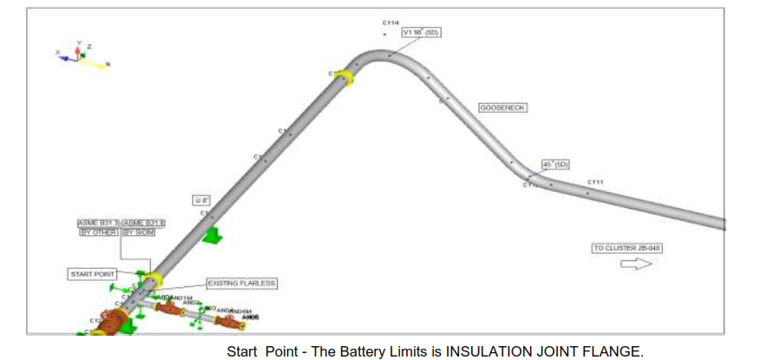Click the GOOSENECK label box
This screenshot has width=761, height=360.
tap(503, 108)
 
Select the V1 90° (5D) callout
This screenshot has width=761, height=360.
tap(422, 33)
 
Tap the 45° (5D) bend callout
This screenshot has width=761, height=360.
tap(554, 164)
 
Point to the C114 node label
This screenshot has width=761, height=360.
tap(390, 22)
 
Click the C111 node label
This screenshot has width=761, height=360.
tap(594, 181)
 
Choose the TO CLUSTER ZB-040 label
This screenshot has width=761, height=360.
tap(627, 248)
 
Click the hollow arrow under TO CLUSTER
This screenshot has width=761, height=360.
tap(635, 264)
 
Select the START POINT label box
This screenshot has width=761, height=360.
tap(93, 274)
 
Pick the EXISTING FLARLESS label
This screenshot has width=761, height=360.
tap(242, 283)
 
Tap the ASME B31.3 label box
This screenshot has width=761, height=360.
tap(97, 224)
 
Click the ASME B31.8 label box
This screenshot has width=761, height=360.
tap(143, 224)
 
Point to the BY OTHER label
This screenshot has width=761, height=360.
tap(97, 232)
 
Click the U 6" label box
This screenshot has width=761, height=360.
tap(201, 200)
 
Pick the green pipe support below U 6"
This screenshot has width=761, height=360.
tap(211, 234)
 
